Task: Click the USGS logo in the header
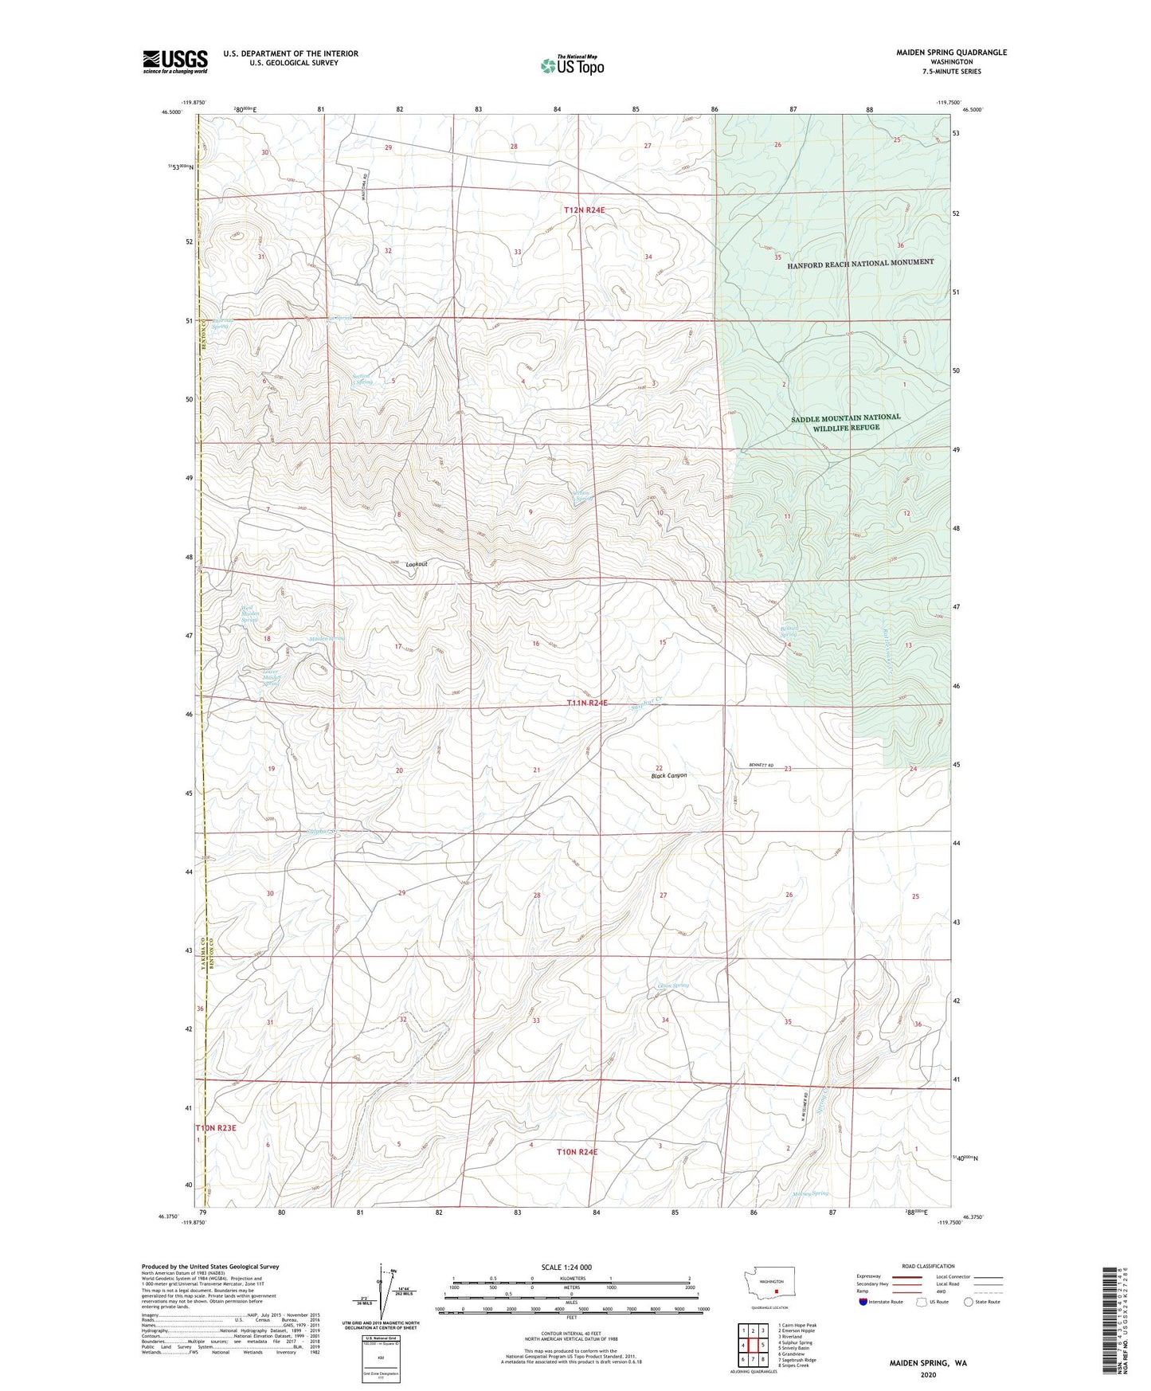coord(174,61)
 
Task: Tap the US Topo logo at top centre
coord(571,65)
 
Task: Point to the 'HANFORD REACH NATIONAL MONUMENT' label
coord(860,263)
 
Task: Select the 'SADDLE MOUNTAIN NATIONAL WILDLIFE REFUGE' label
coord(845,422)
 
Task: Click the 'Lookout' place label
coord(417,564)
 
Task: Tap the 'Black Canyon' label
coord(668,775)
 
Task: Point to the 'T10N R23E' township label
coord(216,1128)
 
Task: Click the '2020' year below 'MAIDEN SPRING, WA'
coord(928,1375)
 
